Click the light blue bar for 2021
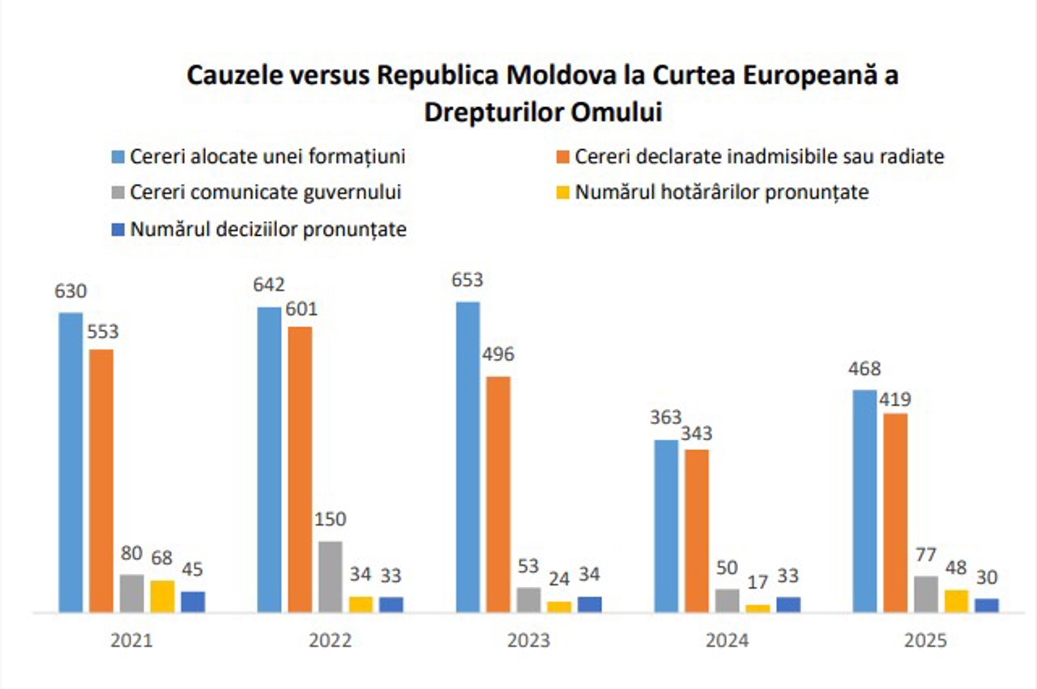pyautogui.click(x=70, y=461)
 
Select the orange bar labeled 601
pyautogui.click(x=300, y=469)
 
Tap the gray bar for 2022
pyautogui.click(x=331, y=576)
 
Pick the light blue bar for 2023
pyautogui.click(x=467, y=457)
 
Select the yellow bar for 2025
pyautogui.click(x=956, y=601)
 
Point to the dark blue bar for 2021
pyautogui.click(x=193, y=602)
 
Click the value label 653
pyautogui.click(x=467, y=280)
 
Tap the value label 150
pyautogui.click(x=331, y=519)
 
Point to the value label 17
pyautogui.click(x=757, y=582)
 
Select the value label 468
pyautogui.click(x=864, y=369)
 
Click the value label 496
pyautogui.click(x=498, y=355)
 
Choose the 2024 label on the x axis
pyautogui.click(x=727, y=640)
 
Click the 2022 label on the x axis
pyautogui.click(x=331, y=640)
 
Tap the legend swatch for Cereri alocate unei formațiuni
pyautogui.click(x=117, y=156)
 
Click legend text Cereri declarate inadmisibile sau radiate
pyautogui.click(x=759, y=156)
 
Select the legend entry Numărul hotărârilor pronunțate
pyautogui.click(x=721, y=193)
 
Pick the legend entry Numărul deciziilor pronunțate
pyautogui.click(x=267, y=229)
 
